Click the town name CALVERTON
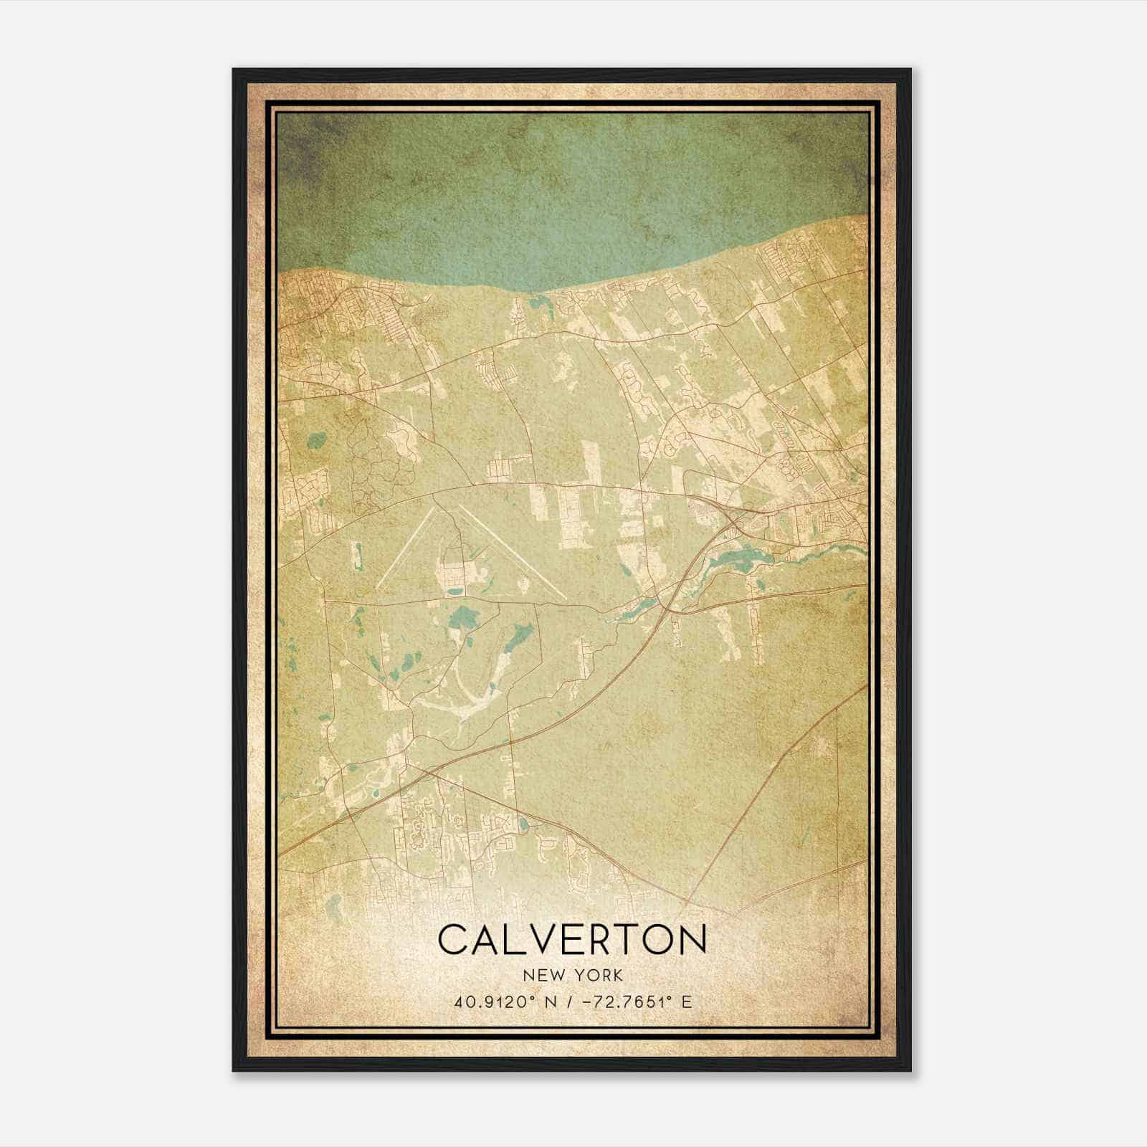point(572,940)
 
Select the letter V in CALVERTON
point(541,940)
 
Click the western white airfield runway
point(406,548)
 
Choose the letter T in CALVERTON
point(622,940)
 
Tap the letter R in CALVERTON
point(595,940)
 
